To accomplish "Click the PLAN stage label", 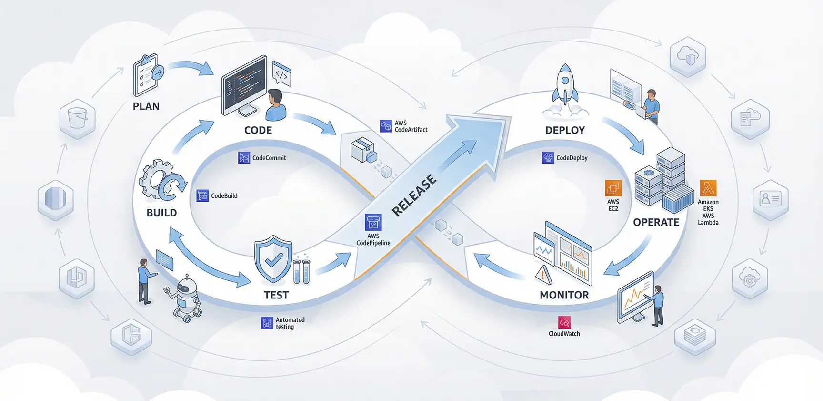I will (146, 106).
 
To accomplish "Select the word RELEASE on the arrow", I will (414, 195).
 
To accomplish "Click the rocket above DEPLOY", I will (565, 86).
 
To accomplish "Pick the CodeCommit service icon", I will (244, 158).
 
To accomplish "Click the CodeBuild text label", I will (224, 196).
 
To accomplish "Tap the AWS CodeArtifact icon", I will (386, 126).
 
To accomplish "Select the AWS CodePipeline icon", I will (373, 223).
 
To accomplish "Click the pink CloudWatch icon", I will (564, 323).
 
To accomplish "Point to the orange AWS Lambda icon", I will (708, 188).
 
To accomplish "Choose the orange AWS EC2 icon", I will (613, 188).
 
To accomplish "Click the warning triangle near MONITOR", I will (543, 275).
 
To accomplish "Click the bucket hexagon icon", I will (78, 119).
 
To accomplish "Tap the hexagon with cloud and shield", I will (687, 56).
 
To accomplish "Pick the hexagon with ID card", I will (770, 199).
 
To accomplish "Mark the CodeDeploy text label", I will (572, 158).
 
